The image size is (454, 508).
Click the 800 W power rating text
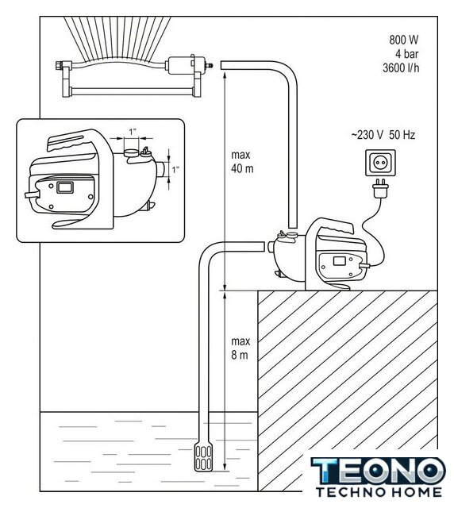click(403, 40)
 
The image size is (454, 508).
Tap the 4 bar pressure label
click(406, 54)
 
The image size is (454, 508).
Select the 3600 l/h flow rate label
click(401, 67)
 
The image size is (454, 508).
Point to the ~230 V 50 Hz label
click(383, 135)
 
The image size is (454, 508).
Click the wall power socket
click(380, 163)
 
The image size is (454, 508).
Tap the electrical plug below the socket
click(380, 188)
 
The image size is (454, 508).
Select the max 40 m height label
click(242, 162)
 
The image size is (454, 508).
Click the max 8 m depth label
click(240, 348)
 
